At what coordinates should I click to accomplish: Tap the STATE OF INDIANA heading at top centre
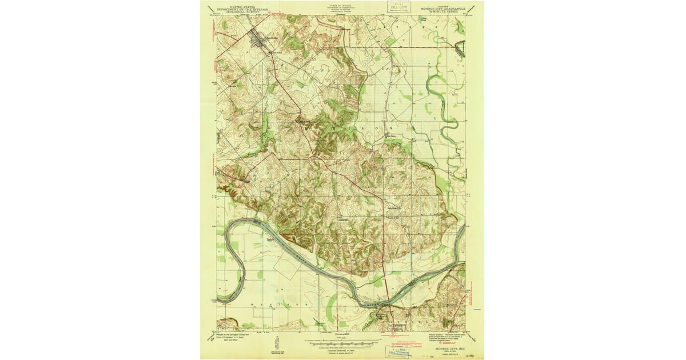(x=342, y=4)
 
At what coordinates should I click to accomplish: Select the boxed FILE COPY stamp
(x=400, y=7)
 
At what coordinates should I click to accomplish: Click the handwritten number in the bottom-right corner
(x=472, y=354)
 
